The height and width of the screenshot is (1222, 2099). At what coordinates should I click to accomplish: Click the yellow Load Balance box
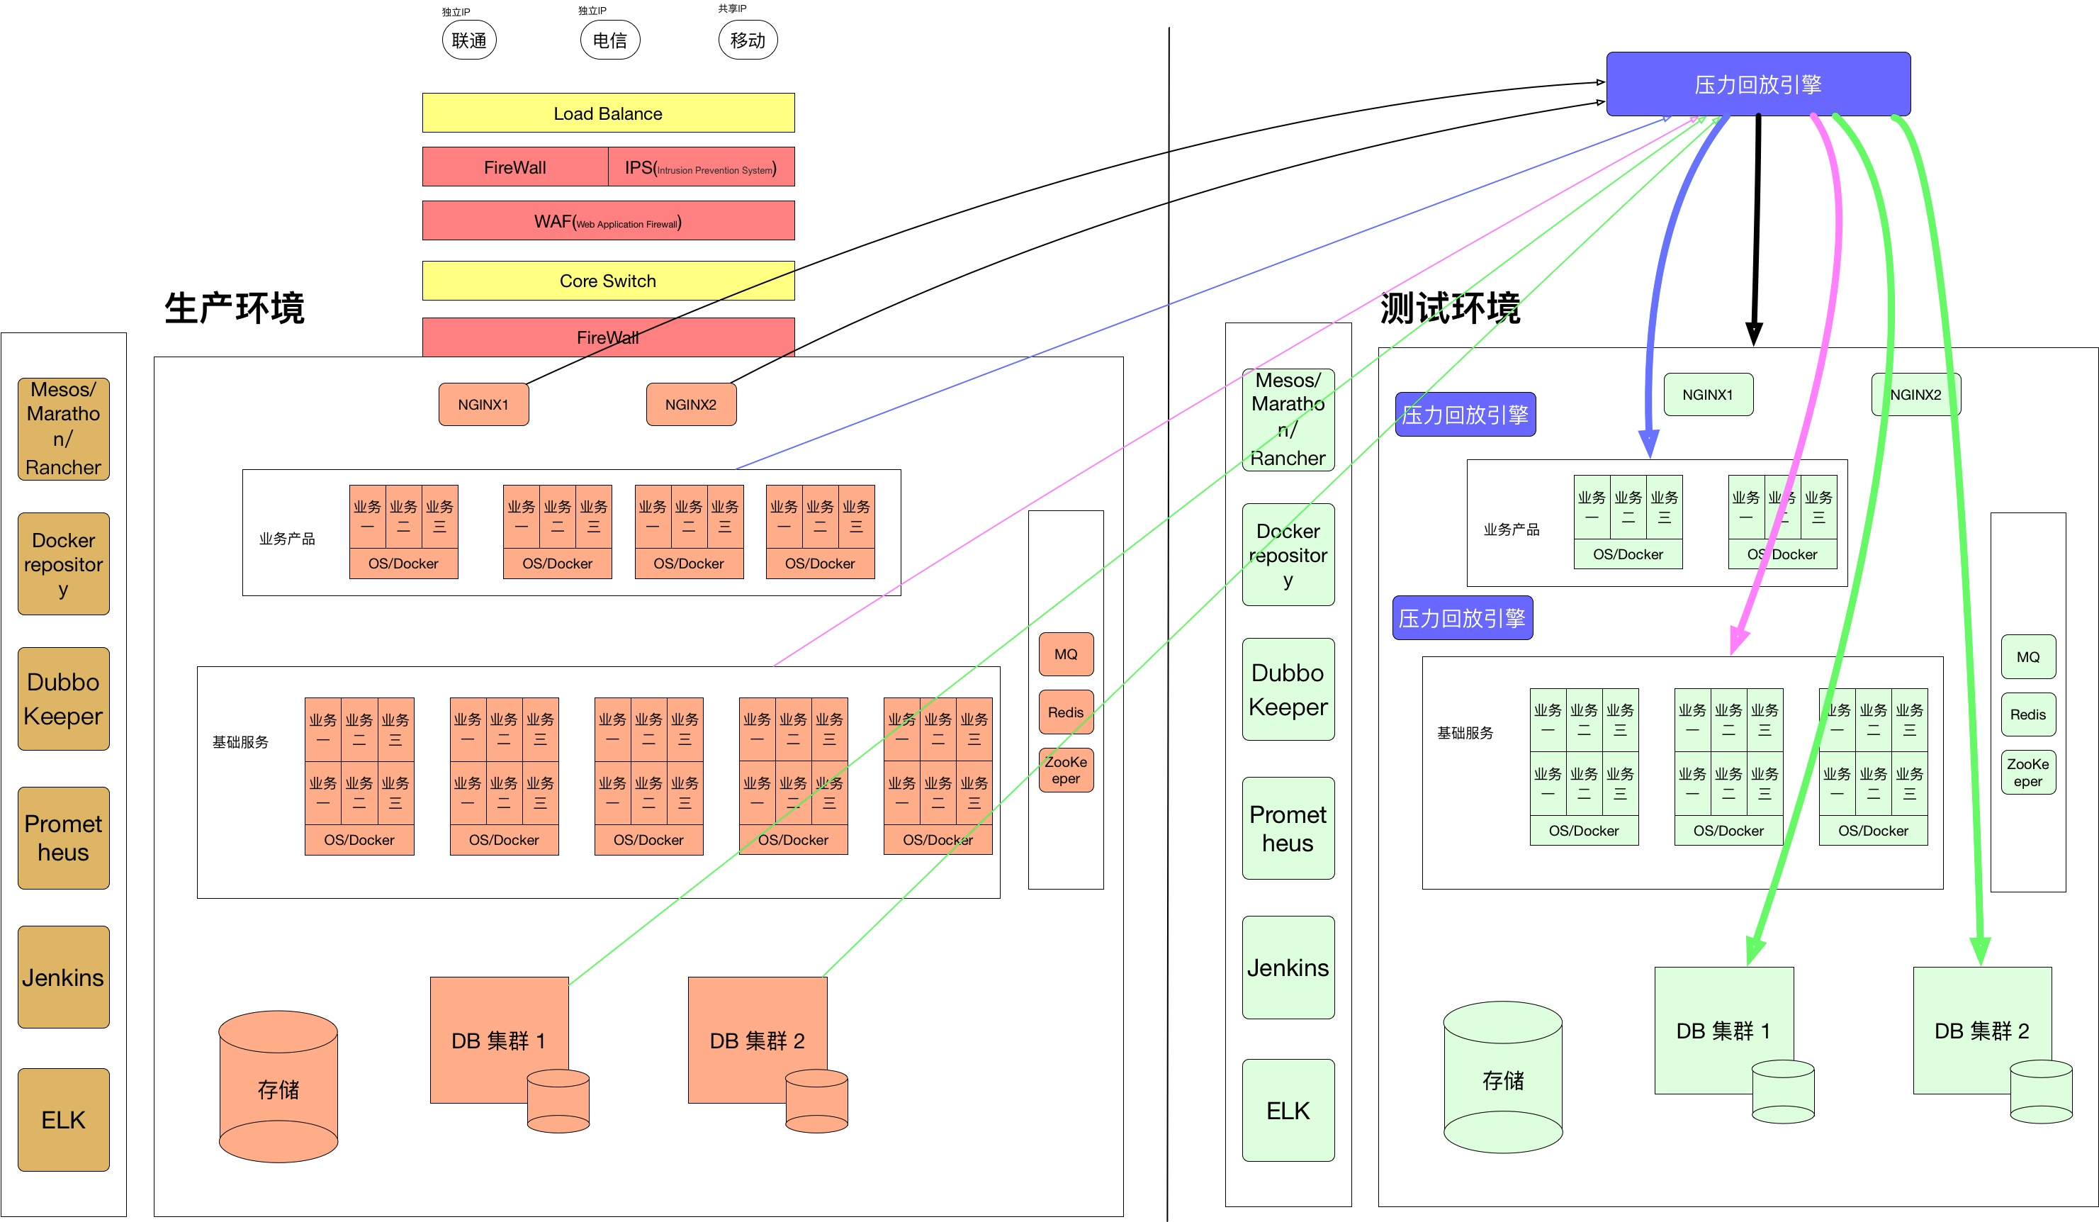(608, 113)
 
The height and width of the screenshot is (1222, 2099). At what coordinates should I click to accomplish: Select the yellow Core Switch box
(608, 281)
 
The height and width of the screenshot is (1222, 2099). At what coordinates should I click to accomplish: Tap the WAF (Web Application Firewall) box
(608, 220)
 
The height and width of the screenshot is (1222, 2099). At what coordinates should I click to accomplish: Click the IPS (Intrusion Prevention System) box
(702, 167)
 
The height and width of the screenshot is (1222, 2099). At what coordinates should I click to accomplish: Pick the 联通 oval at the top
(469, 40)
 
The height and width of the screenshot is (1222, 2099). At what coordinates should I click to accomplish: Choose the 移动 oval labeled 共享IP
(747, 40)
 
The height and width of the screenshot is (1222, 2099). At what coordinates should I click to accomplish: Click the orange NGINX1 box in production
(483, 404)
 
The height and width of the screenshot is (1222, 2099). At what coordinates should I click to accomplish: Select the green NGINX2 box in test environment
(1915, 394)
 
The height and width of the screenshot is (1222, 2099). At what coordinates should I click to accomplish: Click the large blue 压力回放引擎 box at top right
(1757, 84)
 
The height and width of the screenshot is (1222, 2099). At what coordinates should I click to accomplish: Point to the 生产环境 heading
(234, 308)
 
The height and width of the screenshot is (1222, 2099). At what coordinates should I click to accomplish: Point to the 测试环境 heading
(1449, 308)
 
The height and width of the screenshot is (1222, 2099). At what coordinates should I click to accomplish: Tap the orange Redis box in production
(1065, 712)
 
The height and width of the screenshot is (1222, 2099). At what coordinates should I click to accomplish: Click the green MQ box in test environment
(2027, 656)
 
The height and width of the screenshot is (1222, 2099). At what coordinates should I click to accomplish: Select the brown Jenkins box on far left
(63, 976)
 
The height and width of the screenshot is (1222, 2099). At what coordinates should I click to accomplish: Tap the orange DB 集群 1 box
(498, 1040)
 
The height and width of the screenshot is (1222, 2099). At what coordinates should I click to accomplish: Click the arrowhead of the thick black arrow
(1753, 335)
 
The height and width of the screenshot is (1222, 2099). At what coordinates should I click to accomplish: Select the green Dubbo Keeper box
(1288, 689)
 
